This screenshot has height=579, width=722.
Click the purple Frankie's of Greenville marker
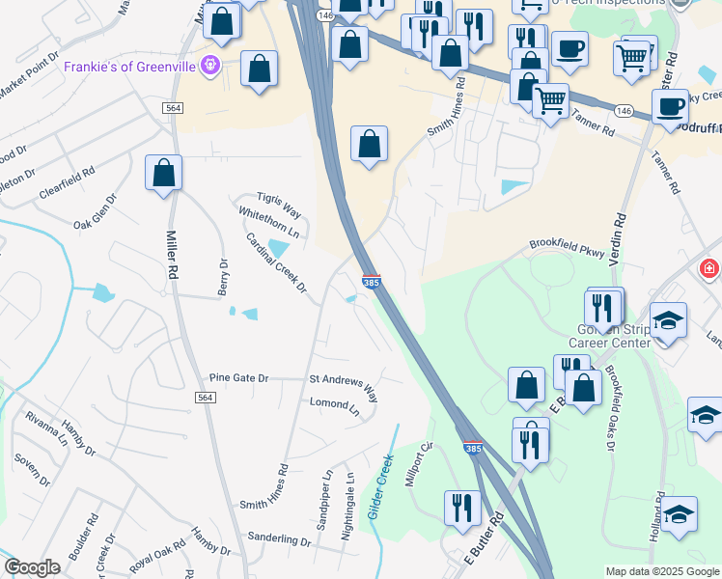tap(211, 66)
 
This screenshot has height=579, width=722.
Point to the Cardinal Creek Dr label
tap(275, 263)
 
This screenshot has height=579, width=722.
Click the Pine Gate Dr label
tap(237, 378)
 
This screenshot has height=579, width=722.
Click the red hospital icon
tap(709, 267)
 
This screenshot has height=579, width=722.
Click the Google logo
tap(32, 567)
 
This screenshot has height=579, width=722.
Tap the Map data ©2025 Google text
tap(662, 571)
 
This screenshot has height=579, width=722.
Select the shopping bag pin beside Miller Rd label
tap(164, 174)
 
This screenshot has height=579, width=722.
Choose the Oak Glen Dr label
tap(96, 211)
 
